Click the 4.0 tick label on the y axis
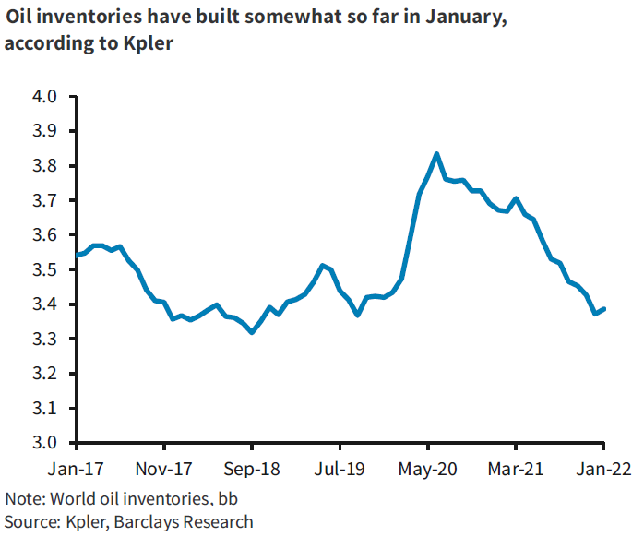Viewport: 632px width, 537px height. pyautogui.click(x=45, y=97)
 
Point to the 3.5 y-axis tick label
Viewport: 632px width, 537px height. pyautogui.click(x=45, y=270)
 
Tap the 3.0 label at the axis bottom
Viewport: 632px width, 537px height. pyautogui.click(x=45, y=443)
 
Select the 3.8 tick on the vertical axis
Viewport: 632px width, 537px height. pyautogui.click(x=45, y=166)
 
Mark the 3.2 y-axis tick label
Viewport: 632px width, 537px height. pyautogui.click(x=45, y=374)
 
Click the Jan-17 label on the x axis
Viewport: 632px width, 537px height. pyautogui.click(x=76, y=469)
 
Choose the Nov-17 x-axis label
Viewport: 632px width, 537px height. pyautogui.click(x=164, y=469)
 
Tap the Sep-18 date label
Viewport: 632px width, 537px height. pyautogui.click(x=252, y=469)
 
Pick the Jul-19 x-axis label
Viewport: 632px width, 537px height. pyautogui.click(x=340, y=469)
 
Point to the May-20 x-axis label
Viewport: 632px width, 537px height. pyautogui.click(x=428, y=469)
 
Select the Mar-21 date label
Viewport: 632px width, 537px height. pyautogui.click(x=516, y=469)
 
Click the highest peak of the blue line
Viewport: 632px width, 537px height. pyautogui.click(x=436, y=154)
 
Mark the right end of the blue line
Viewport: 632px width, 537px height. pyautogui.click(x=603, y=309)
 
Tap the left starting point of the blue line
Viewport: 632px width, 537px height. pyautogui.click(x=77, y=255)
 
